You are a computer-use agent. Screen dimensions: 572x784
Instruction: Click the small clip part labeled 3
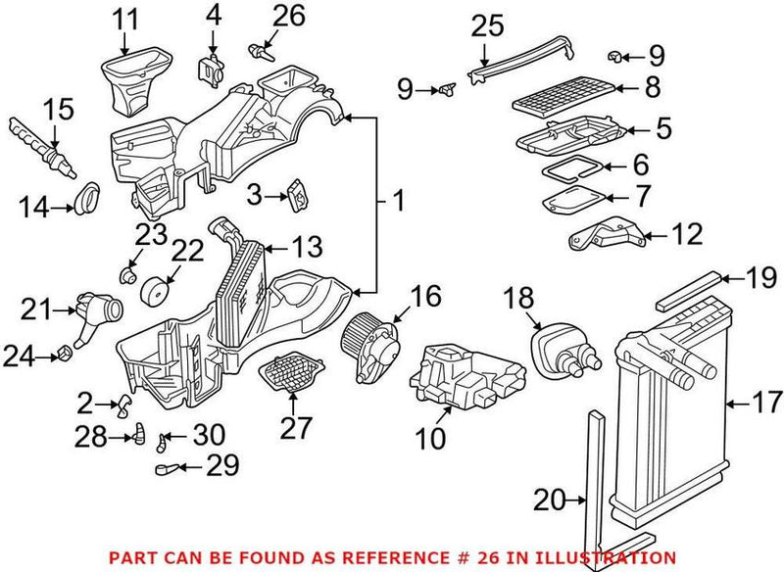(296, 196)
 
